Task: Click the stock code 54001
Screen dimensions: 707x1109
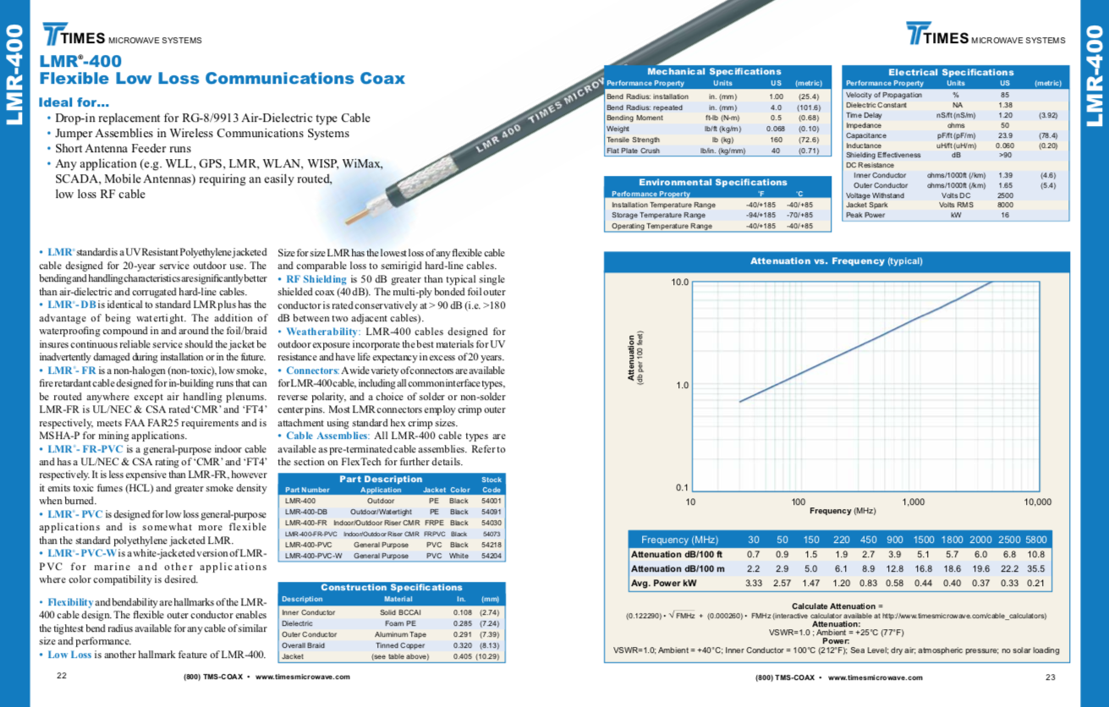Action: click(491, 501)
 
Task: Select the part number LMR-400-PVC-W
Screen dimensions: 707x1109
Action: click(314, 556)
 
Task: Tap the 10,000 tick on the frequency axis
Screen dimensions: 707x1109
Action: click(1037, 501)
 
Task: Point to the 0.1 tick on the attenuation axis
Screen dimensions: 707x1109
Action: click(680, 489)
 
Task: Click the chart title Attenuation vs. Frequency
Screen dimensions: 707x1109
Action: click(836, 261)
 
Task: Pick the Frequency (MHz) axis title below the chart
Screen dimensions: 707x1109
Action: click(842, 511)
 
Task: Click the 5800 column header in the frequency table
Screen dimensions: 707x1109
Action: click(1035, 540)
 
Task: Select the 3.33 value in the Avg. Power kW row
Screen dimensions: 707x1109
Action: click(755, 584)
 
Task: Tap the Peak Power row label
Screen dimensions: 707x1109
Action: click(865, 215)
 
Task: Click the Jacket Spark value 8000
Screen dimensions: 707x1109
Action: click(1005, 206)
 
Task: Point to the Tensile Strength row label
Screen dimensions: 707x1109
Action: click(634, 140)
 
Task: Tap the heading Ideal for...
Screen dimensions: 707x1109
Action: click(74, 103)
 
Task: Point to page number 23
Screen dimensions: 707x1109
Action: click(1051, 677)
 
